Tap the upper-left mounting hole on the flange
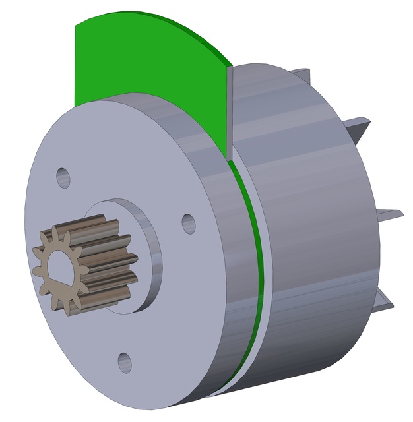click(63, 177)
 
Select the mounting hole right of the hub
click(189, 223)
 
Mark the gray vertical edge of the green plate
click(230, 112)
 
